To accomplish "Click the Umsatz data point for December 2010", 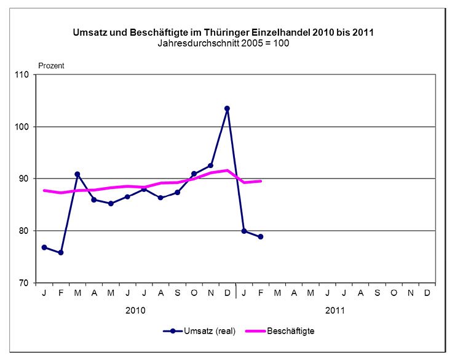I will pyautogui.click(x=228, y=108).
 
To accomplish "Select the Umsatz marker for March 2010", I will pyautogui.click(x=77, y=174).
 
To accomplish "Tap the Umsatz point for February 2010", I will pyautogui.click(x=61, y=252).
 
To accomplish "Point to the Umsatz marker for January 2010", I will pyautogui.click(x=44, y=247).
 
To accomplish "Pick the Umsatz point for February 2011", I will pyautogui.click(x=261, y=236).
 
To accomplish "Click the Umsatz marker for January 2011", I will pyautogui.click(x=244, y=231).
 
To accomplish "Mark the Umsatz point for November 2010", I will pyautogui.click(x=211, y=165).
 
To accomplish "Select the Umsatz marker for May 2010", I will pyautogui.click(x=111, y=203).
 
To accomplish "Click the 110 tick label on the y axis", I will pyautogui.click(x=23, y=75).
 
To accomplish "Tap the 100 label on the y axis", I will pyautogui.click(x=23, y=127).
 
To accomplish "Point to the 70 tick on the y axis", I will pyautogui.click(x=25, y=282).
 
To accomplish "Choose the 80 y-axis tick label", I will pyautogui.click(x=25, y=231).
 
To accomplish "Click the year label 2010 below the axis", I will pyautogui.click(x=135, y=310).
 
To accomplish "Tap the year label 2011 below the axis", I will pyautogui.click(x=335, y=310).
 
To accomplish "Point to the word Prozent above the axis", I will pyautogui.click(x=52, y=65).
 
